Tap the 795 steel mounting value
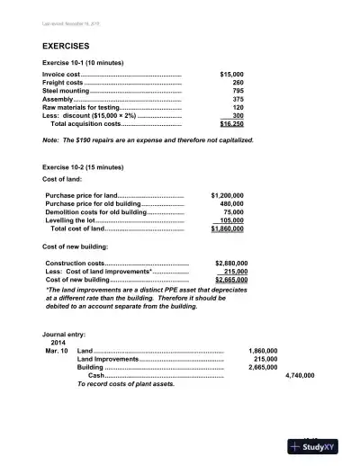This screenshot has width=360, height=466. pyautogui.click(x=238, y=91)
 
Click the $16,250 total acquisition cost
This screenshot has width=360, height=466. pyautogui.click(x=231, y=124)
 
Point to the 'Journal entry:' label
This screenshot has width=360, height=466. pyautogui.click(x=64, y=333)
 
